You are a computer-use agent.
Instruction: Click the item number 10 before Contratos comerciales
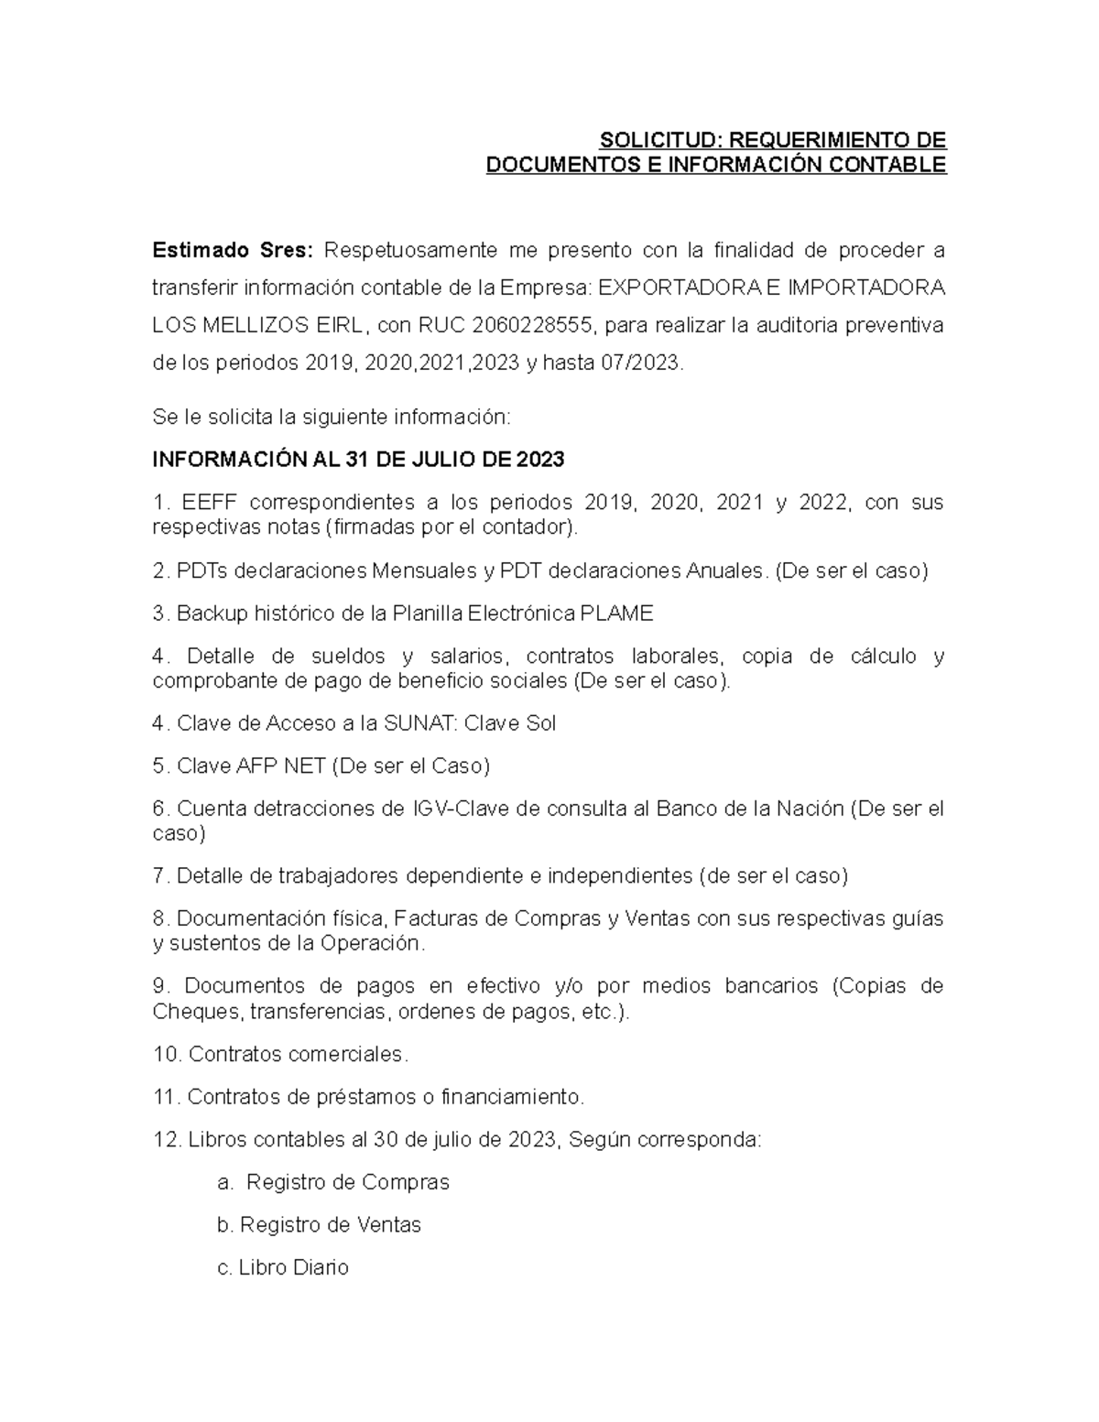[167, 1054]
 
